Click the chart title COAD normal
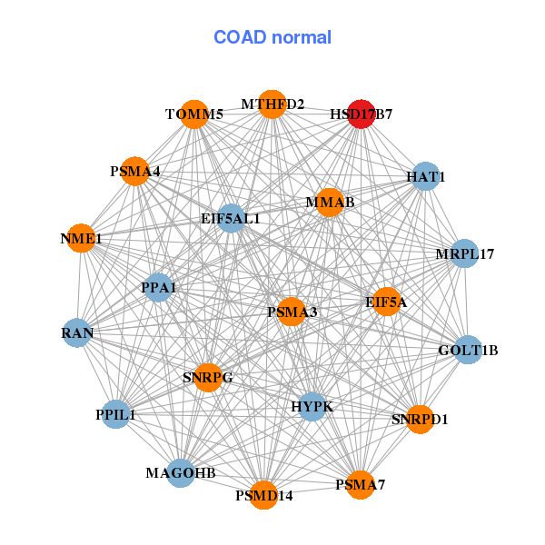point(272,37)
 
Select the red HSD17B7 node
point(362,114)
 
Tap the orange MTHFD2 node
point(272,104)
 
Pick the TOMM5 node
point(194,114)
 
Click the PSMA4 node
point(134,171)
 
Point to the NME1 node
point(81,239)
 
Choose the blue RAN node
point(77,333)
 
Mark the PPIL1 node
point(115,414)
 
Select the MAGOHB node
point(181,472)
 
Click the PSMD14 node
point(263,495)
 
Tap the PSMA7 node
point(360,484)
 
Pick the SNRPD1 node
point(419,419)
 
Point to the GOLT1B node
point(468,350)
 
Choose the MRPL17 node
point(464,253)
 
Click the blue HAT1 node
point(426,176)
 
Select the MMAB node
point(331,202)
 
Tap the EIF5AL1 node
point(231,218)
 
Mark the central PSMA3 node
point(292,312)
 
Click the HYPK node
point(312,406)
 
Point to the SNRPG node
point(208,377)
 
